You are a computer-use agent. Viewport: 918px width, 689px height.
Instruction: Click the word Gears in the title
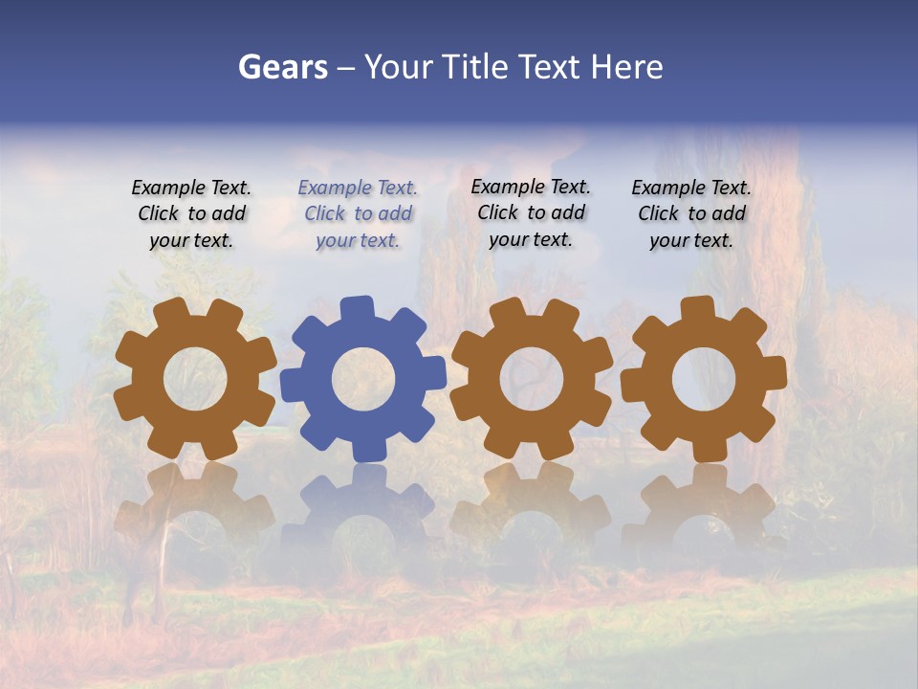[x=282, y=67]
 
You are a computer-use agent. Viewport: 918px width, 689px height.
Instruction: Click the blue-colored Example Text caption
[x=358, y=213]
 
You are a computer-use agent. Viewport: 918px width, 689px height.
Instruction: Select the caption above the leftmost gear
[x=191, y=213]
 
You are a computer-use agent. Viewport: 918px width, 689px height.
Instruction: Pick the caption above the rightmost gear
[x=691, y=213]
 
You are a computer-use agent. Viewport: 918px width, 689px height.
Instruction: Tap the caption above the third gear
[x=531, y=213]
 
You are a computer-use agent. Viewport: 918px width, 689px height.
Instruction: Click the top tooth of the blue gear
[x=356, y=309]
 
